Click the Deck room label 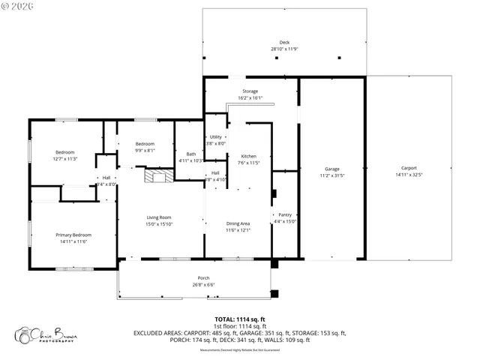click(x=284, y=43)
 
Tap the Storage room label click(x=250, y=91)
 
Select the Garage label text click(x=332, y=169)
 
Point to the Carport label click(x=409, y=168)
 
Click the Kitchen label click(x=248, y=156)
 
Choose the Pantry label click(x=285, y=214)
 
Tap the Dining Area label click(x=238, y=223)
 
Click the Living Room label click(x=159, y=217)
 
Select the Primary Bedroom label click(x=72, y=235)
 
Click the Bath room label click(x=191, y=154)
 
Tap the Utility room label click(x=216, y=137)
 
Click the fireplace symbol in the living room click(x=158, y=176)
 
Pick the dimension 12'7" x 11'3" click(x=65, y=159)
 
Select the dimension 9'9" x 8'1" click(x=145, y=150)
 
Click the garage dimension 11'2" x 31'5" click(x=332, y=175)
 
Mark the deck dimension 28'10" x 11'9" click(x=284, y=49)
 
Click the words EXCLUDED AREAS click(x=157, y=333)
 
